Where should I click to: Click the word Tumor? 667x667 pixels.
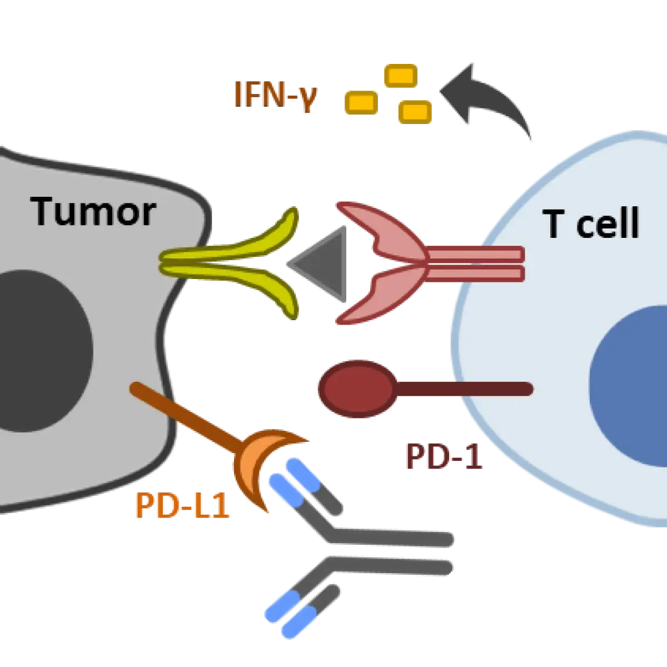pyautogui.click(x=93, y=212)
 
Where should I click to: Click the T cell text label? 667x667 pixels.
pyautogui.click(x=593, y=224)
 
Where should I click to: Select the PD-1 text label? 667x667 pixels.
pyautogui.click(x=442, y=457)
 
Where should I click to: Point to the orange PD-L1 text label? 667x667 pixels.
pyautogui.click(x=182, y=506)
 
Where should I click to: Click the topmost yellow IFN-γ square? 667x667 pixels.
pyautogui.click(x=400, y=75)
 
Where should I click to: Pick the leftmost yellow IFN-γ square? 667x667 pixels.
pyautogui.click(x=360, y=102)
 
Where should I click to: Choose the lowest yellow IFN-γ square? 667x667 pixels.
pyautogui.click(x=415, y=111)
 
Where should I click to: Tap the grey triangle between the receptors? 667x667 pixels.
pyautogui.click(x=322, y=260)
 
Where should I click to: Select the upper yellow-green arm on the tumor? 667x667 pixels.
pyautogui.click(x=245, y=239)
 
